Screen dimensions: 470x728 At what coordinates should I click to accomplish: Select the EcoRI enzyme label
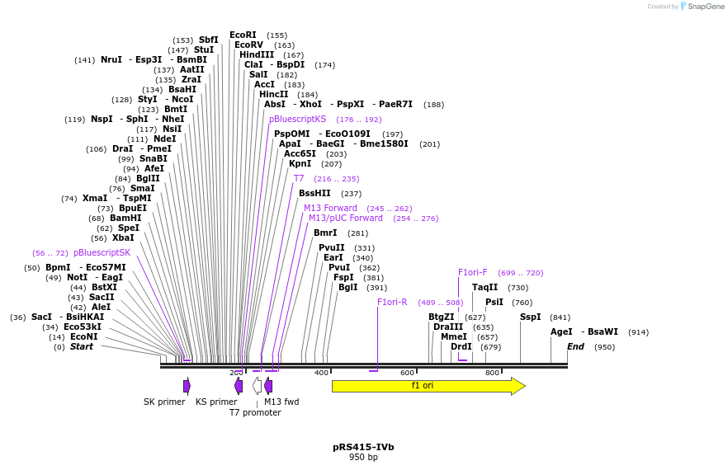coord(243,35)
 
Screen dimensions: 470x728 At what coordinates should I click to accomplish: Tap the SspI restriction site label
coord(530,317)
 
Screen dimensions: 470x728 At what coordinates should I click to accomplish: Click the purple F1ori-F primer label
coord(473,272)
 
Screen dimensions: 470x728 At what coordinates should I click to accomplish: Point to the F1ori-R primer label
coord(392,302)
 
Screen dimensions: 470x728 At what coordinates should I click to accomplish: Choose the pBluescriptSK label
coord(102,252)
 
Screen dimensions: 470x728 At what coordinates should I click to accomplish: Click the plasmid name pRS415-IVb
coord(363,447)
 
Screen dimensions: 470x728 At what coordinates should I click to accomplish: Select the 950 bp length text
coord(363,457)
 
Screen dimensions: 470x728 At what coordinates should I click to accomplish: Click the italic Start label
coord(81,347)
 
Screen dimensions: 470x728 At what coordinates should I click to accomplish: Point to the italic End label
coord(575,347)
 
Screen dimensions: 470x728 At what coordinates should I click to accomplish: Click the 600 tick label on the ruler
coord(407,374)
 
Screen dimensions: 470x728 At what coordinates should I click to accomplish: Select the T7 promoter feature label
coord(255,412)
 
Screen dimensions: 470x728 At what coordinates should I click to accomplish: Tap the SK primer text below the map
coord(164,402)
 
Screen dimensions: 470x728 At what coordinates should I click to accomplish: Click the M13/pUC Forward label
coord(346,219)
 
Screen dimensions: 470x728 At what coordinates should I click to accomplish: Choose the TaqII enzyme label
coord(485,287)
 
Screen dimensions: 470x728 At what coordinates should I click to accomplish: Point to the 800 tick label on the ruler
coord(492,374)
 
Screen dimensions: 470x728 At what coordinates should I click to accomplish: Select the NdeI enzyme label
coord(164,139)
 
